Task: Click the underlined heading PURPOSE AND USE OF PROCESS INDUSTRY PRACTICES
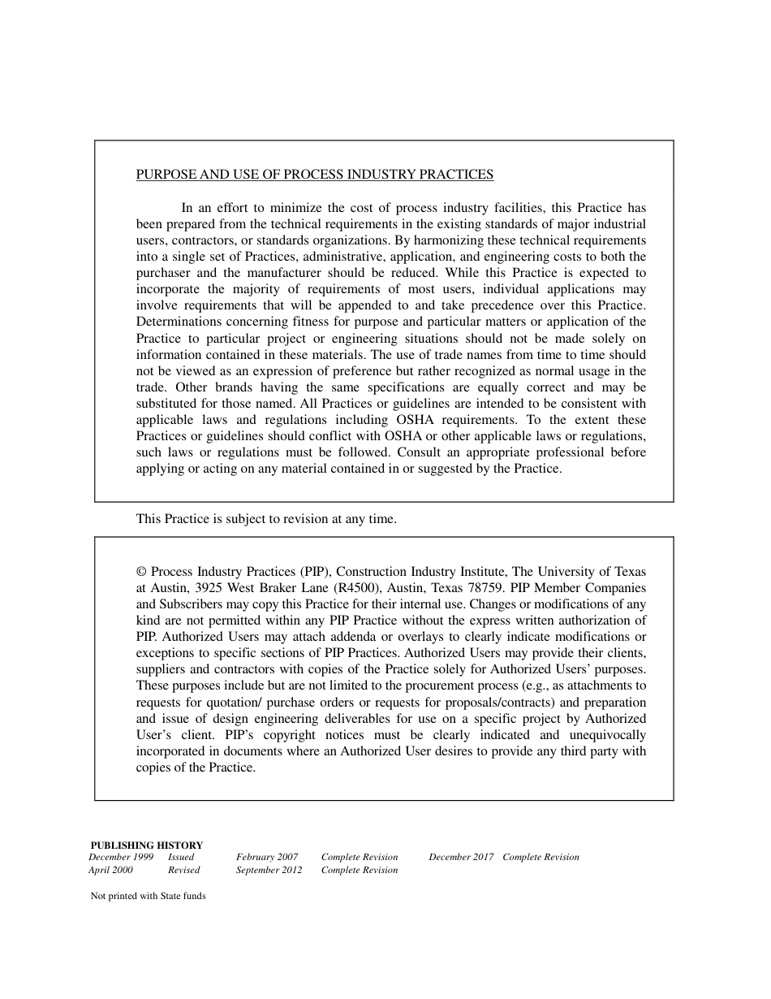(x=314, y=174)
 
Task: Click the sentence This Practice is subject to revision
(x=266, y=519)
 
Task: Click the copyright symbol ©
(x=141, y=572)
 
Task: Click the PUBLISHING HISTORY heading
(x=146, y=845)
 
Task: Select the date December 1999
(x=121, y=857)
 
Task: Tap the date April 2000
(x=110, y=870)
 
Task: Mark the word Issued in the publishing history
(x=181, y=857)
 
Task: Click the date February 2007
(x=267, y=857)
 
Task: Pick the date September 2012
(x=269, y=870)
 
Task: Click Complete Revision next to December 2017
(x=541, y=857)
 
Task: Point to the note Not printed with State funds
(x=148, y=897)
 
